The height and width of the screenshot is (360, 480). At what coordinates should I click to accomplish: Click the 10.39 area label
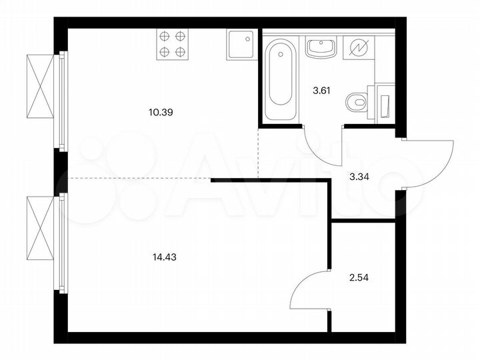point(161,113)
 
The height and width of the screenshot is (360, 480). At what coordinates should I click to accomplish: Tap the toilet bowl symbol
point(357,103)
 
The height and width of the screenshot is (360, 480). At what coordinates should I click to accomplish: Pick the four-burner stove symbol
point(171,44)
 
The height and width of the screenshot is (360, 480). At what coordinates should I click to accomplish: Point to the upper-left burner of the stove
point(164,37)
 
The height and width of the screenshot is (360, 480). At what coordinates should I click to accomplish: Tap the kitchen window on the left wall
point(61,100)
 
